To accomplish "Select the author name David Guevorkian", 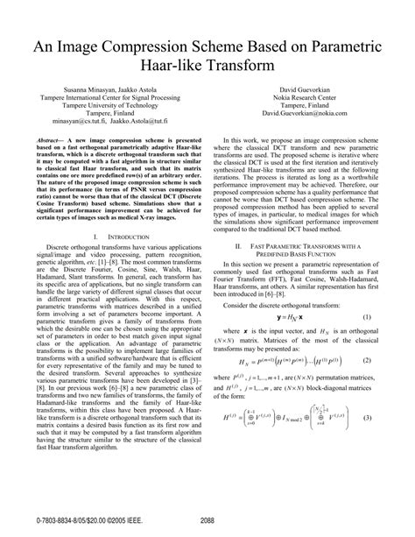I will [x=310, y=91].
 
